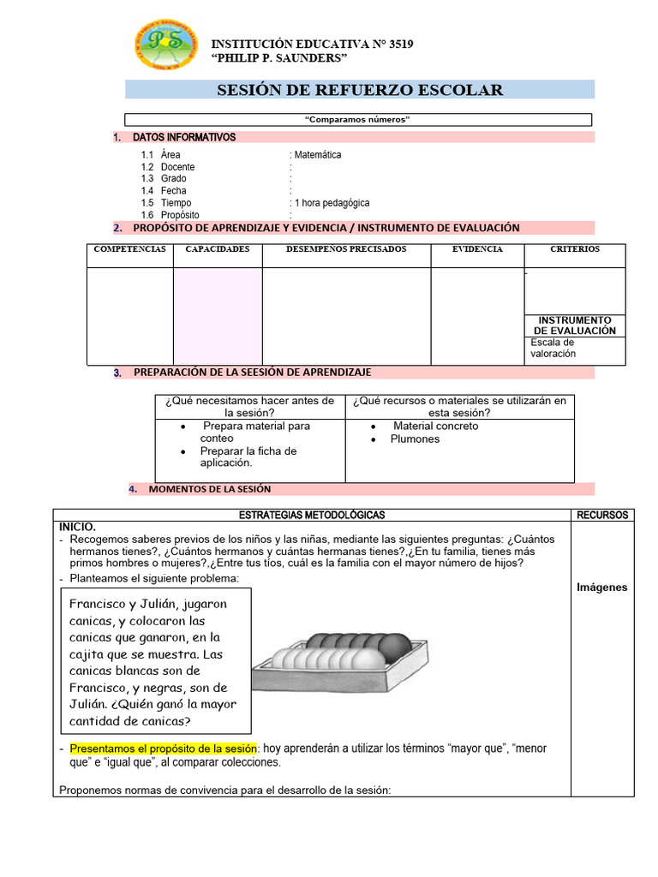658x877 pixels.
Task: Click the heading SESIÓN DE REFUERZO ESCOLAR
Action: point(360,90)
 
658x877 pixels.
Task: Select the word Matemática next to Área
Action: point(317,155)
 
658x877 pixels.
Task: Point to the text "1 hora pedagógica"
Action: point(332,203)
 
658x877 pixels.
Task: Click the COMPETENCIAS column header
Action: point(129,249)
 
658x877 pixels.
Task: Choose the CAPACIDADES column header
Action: point(218,249)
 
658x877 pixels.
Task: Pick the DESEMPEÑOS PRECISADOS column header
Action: point(346,249)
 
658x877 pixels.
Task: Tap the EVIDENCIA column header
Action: point(477,249)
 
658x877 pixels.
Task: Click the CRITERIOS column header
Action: point(574,249)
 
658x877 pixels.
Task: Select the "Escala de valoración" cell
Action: point(553,348)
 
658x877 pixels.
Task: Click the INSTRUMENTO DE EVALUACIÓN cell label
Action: point(574,325)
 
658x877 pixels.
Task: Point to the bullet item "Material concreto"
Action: point(435,426)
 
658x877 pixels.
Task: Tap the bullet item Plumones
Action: point(415,438)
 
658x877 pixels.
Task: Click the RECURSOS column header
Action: point(601,515)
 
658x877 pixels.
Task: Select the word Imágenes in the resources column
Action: point(601,588)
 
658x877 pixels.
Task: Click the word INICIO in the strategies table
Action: point(77,527)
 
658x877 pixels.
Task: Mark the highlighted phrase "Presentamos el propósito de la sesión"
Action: point(164,748)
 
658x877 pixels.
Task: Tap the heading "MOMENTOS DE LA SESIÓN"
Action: point(209,489)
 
